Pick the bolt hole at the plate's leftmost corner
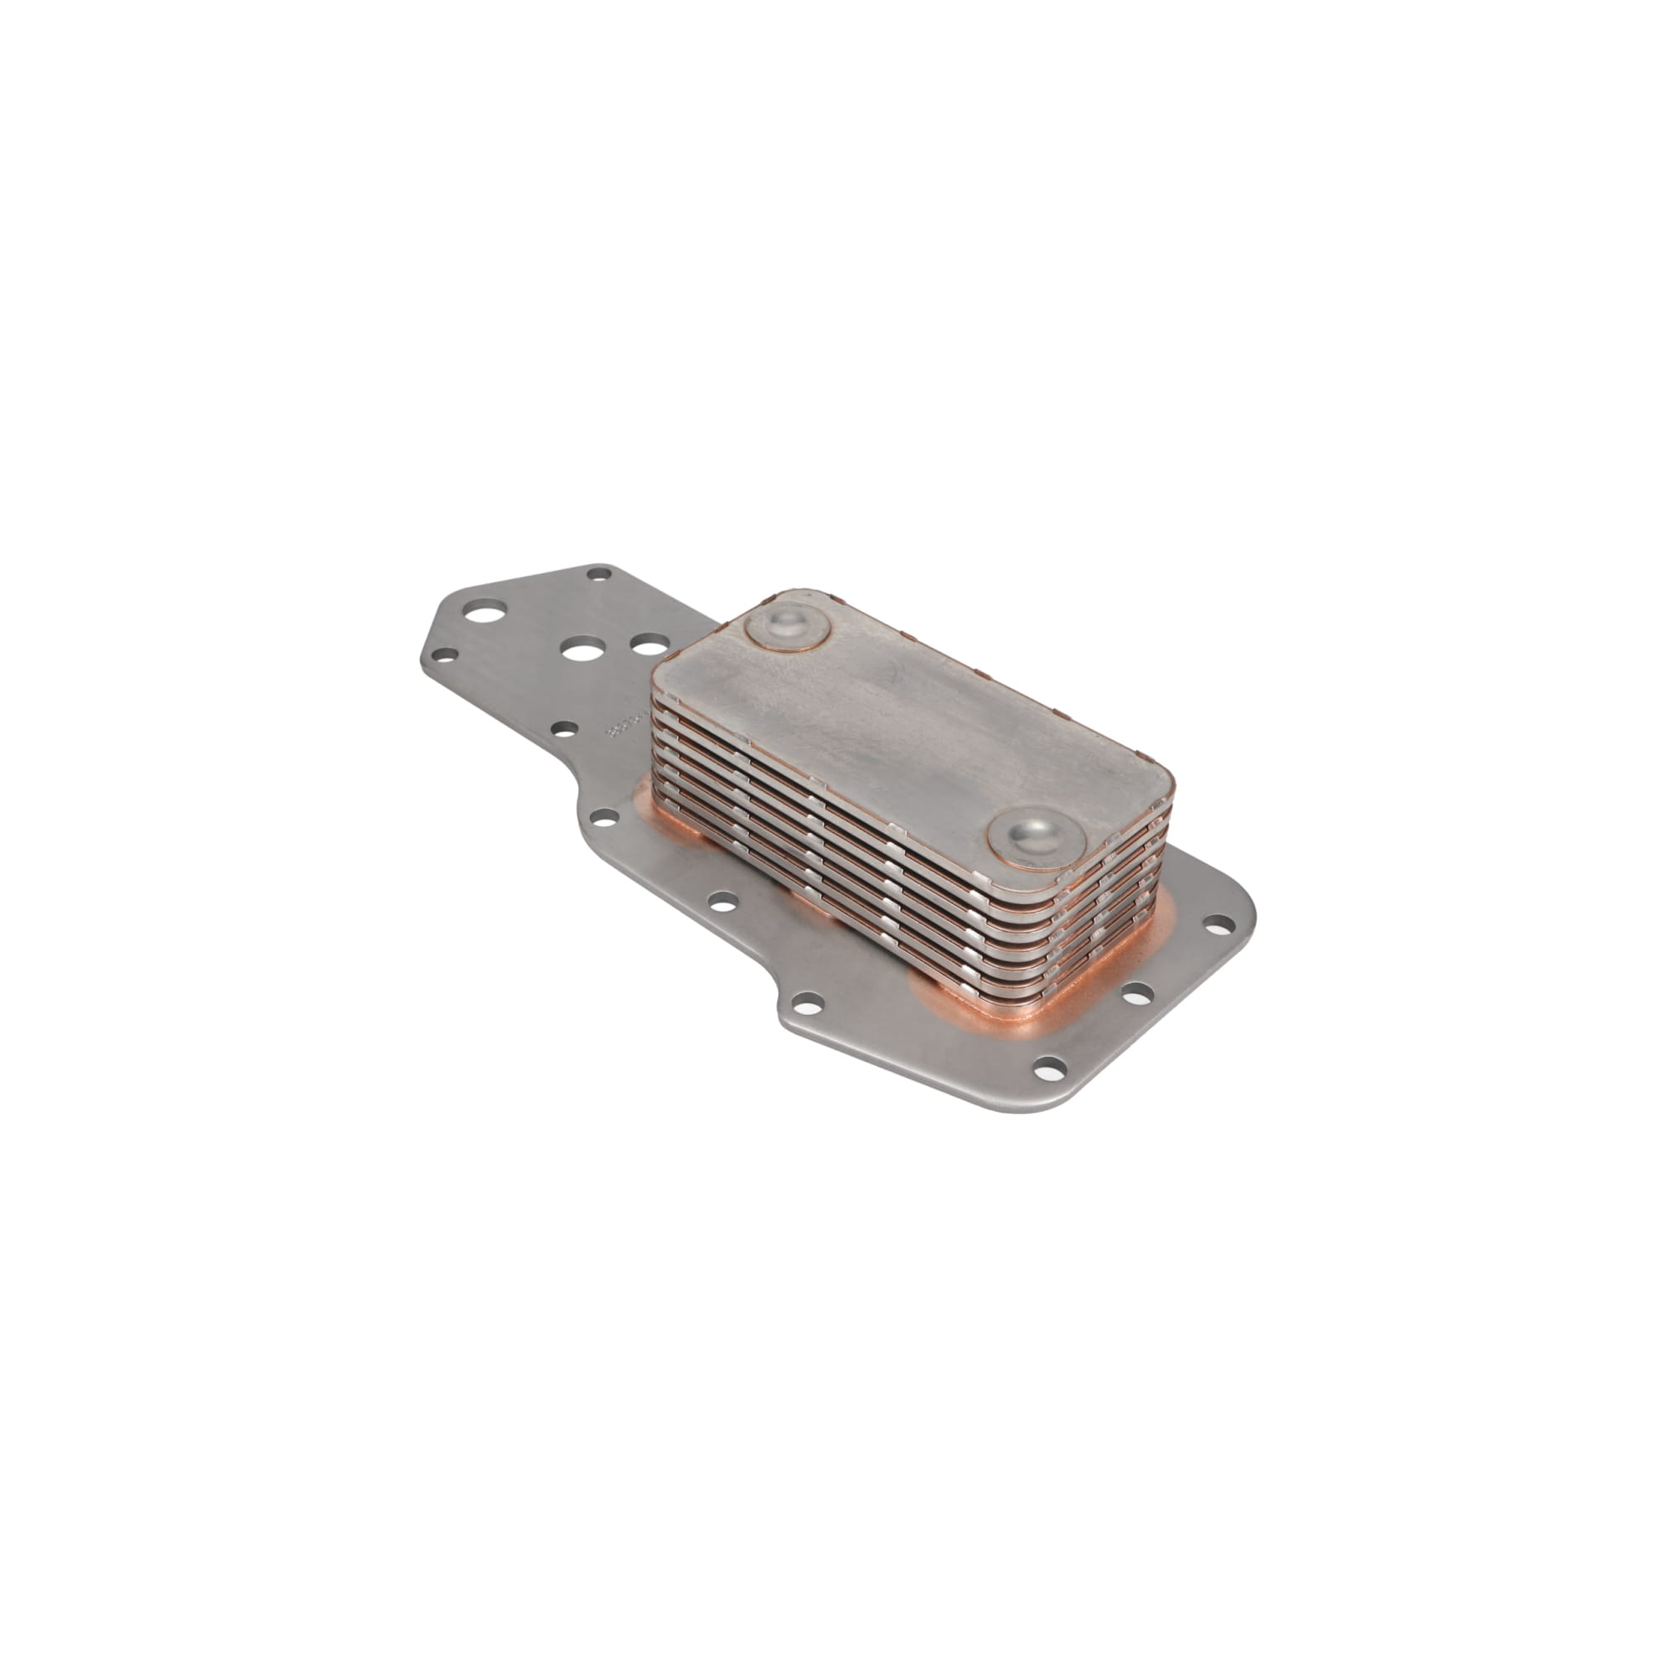click(x=445, y=656)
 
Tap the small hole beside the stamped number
click(x=566, y=730)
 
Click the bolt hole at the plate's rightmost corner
click(x=1218, y=922)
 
